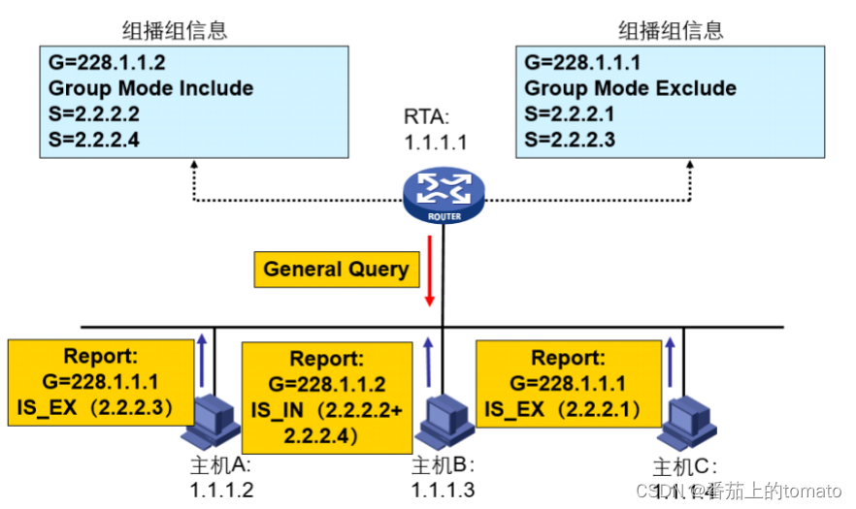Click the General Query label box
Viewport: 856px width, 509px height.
(336, 269)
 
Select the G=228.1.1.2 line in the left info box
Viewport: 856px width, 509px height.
(108, 64)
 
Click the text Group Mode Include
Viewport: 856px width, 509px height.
(150, 89)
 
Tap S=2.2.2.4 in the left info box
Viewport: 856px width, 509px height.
(94, 140)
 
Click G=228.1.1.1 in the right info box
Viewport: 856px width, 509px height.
(582, 64)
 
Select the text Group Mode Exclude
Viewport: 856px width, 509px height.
(630, 89)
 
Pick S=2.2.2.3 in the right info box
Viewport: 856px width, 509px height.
(570, 140)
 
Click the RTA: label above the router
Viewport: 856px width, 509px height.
(427, 118)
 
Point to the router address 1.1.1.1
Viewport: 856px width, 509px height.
(436, 143)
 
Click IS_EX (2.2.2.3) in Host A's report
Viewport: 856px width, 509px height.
(94, 406)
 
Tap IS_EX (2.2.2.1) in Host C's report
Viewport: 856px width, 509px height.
(562, 408)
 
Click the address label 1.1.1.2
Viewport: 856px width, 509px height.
(221, 490)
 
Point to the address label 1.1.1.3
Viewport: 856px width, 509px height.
(443, 490)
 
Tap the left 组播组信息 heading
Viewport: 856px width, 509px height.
(176, 30)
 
